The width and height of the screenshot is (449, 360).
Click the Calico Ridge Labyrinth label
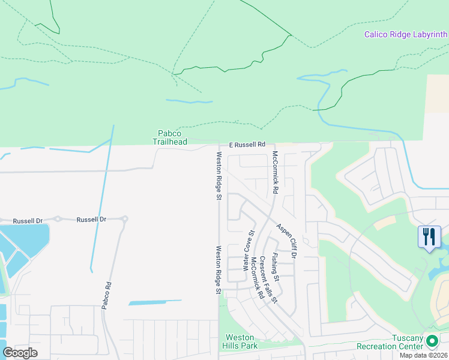(x=406, y=34)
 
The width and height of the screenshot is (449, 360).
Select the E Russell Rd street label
(x=247, y=145)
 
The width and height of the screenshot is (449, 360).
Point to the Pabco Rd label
(x=106, y=295)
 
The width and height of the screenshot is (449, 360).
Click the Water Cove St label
(x=249, y=250)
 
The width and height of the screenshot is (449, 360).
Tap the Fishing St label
(x=275, y=268)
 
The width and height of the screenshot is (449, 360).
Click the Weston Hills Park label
(x=240, y=341)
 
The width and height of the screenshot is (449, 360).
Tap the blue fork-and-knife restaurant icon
(x=429, y=236)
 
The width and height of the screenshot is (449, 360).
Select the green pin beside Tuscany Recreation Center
(x=431, y=341)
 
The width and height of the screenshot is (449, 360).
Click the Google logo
(x=20, y=353)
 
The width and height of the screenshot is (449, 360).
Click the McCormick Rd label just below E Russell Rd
(x=275, y=172)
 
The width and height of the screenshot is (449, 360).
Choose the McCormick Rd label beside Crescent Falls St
(x=257, y=278)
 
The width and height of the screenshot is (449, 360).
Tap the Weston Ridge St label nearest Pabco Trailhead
(x=219, y=175)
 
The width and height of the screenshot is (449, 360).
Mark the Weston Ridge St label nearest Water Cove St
(x=219, y=269)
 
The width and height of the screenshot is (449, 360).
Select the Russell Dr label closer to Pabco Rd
(x=91, y=220)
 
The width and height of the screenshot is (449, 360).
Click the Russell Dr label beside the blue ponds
(x=28, y=221)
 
